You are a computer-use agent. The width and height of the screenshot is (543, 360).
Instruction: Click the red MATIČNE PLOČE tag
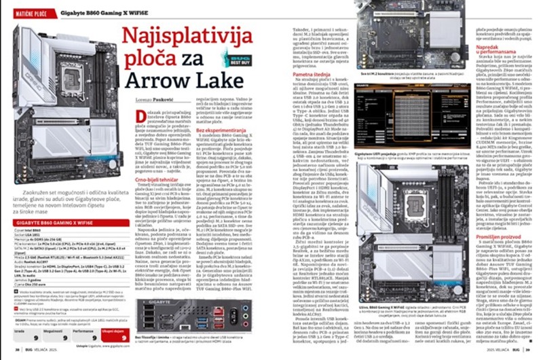point(23,12)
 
